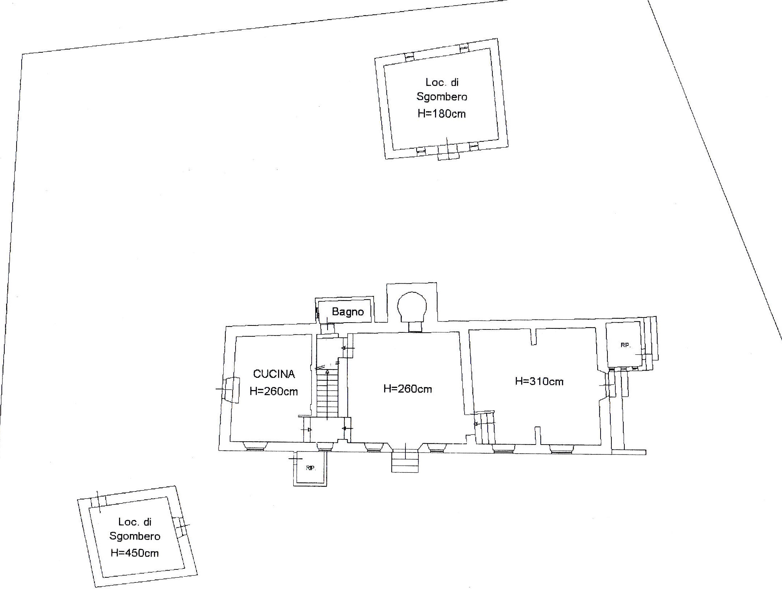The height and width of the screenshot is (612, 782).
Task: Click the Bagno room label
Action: click(348, 312)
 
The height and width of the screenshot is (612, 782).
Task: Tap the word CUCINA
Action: click(274, 374)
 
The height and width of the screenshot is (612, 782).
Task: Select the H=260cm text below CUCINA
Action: click(274, 391)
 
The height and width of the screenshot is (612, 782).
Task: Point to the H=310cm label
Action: click(539, 381)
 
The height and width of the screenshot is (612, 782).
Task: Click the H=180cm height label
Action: click(441, 114)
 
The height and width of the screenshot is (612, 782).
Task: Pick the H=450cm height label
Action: click(135, 553)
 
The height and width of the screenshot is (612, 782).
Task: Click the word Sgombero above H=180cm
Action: click(442, 97)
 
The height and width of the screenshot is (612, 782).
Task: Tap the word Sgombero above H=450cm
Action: click(135, 536)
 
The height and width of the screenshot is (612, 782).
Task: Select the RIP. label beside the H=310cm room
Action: click(625, 345)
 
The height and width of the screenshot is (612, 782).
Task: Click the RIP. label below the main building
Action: click(311, 468)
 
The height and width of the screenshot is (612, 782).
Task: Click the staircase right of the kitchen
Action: click(328, 393)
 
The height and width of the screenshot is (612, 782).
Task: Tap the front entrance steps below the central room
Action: click(405, 460)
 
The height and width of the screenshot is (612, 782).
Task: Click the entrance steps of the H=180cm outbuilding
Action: click(448, 152)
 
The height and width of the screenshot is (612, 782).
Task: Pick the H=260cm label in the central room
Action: click(408, 389)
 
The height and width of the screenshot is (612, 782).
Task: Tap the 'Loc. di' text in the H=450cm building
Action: click(135, 522)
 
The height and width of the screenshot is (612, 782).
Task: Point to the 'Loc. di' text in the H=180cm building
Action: click(442, 82)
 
